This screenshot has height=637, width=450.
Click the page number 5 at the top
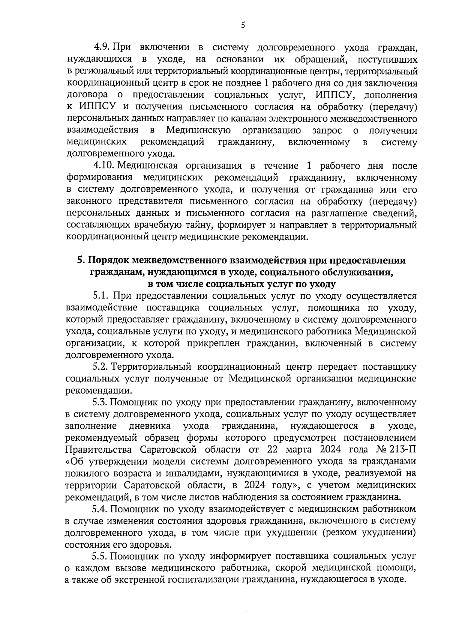243,25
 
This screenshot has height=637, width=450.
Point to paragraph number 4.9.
101,48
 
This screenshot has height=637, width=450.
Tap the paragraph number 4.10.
103,166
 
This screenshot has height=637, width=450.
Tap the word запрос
327,131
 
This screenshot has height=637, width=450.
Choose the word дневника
150,426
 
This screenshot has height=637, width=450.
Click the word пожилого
85,473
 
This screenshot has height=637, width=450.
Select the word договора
85,95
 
